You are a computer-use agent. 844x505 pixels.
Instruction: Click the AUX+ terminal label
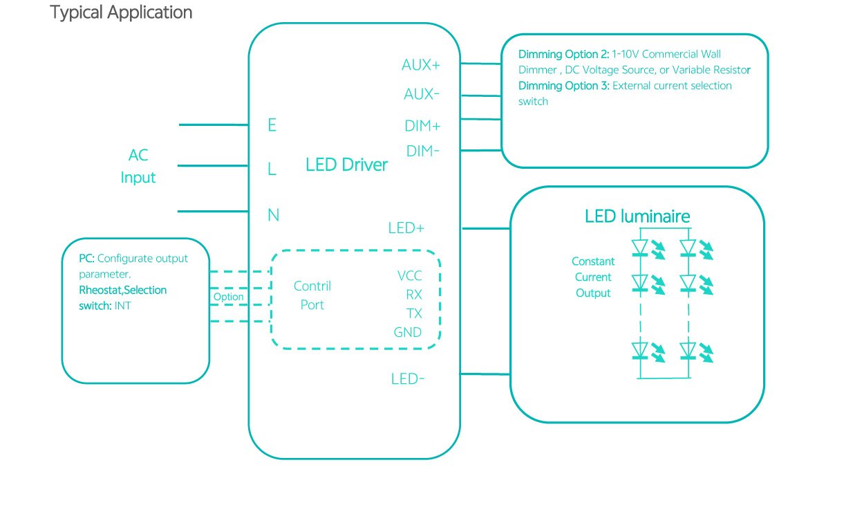(x=421, y=65)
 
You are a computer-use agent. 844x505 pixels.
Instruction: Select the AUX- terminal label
(x=421, y=93)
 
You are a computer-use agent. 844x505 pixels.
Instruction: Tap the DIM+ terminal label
(x=422, y=127)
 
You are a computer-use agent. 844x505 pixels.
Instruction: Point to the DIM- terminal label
(x=422, y=151)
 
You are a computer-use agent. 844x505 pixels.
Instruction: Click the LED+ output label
(x=406, y=228)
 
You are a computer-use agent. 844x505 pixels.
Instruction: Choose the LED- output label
(x=407, y=379)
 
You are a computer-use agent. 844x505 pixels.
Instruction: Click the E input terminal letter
(x=272, y=125)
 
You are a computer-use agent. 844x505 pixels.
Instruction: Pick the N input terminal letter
(x=273, y=215)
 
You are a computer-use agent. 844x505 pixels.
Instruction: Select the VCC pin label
(x=409, y=276)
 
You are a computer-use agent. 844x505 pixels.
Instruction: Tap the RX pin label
(x=414, y=295)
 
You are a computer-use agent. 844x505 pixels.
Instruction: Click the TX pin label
(x=414, y=313)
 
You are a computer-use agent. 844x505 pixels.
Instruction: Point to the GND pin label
(x=408, y=332)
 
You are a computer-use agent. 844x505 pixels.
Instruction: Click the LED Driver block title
(x=346, y=165)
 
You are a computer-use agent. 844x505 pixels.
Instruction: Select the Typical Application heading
(x=121, y=12)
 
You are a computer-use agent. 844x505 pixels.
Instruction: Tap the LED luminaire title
(x=637, y=217)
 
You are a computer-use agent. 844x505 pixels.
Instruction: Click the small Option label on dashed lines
(x=228, y=297)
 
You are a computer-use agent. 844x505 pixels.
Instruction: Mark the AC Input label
(x=138, y=166)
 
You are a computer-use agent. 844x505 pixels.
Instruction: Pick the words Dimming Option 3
(x=564, y=86)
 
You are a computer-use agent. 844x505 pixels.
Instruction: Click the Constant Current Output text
(x=593, y=277)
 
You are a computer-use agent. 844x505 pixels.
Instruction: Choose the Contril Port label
(x=312, y=295)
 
